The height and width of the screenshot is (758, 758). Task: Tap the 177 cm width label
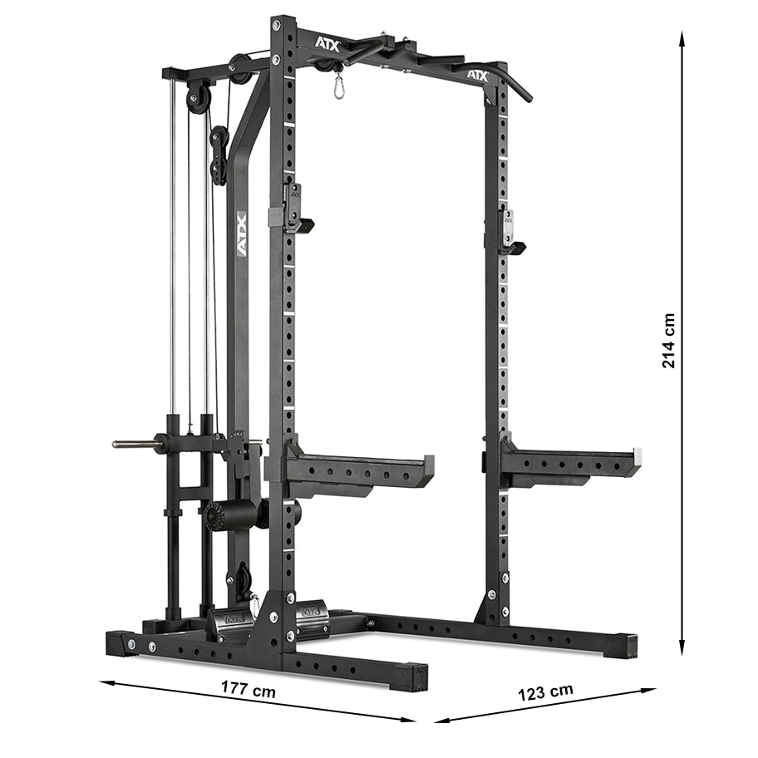pos(249,689)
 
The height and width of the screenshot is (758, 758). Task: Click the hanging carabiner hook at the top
pos(338,86)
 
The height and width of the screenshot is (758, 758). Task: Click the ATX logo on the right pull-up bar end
pos(476,76)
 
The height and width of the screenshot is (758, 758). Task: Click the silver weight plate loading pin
pos(137,444)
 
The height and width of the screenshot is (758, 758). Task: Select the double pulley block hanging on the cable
pos(219,155)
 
